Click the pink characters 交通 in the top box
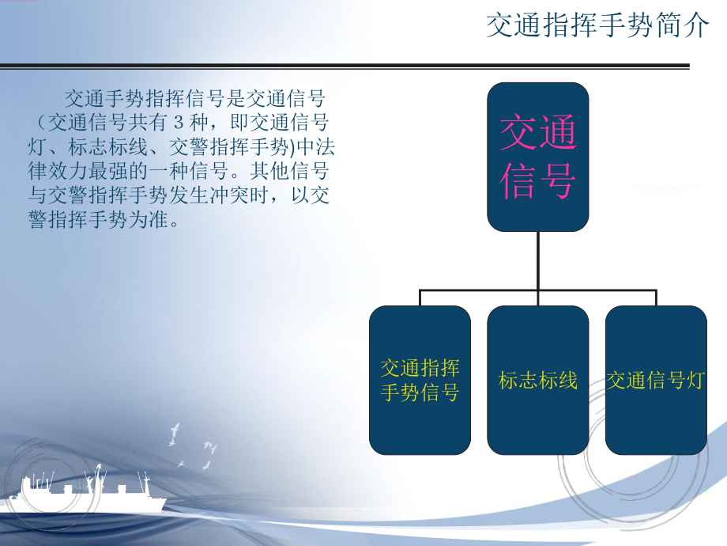(x=537, y=132)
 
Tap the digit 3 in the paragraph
(x=178, y=123)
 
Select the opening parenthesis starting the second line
(x=39, y=123)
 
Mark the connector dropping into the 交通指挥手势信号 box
(x=420, y=298)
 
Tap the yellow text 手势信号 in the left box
(x=420, y=392)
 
